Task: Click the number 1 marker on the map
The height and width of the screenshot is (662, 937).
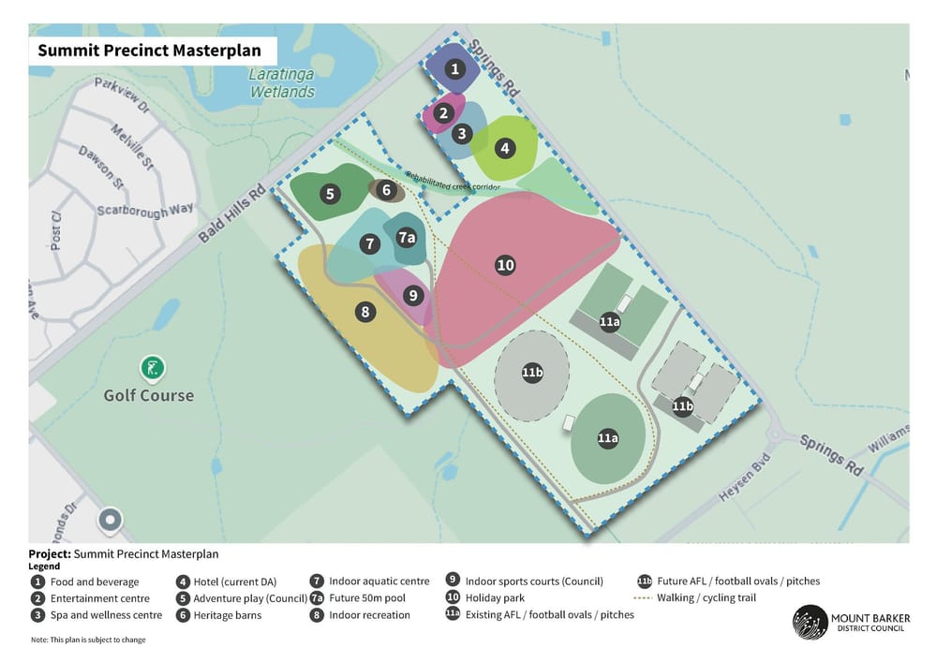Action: (454, 68)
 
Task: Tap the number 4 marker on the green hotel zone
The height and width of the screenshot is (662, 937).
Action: (505, 148)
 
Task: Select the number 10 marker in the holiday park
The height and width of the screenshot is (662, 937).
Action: (505, 265)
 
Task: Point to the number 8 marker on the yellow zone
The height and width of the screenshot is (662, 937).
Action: (365, 312)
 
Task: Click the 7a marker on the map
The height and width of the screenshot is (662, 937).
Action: (406, 238)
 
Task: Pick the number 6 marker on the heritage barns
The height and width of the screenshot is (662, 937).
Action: (386, 190)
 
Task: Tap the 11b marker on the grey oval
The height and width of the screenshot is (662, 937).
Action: (532, 373)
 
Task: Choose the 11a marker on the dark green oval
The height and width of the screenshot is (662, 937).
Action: (607, 437)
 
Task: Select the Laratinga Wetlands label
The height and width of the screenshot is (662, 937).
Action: (281, 83)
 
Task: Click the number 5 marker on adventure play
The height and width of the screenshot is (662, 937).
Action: (329, 195)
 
